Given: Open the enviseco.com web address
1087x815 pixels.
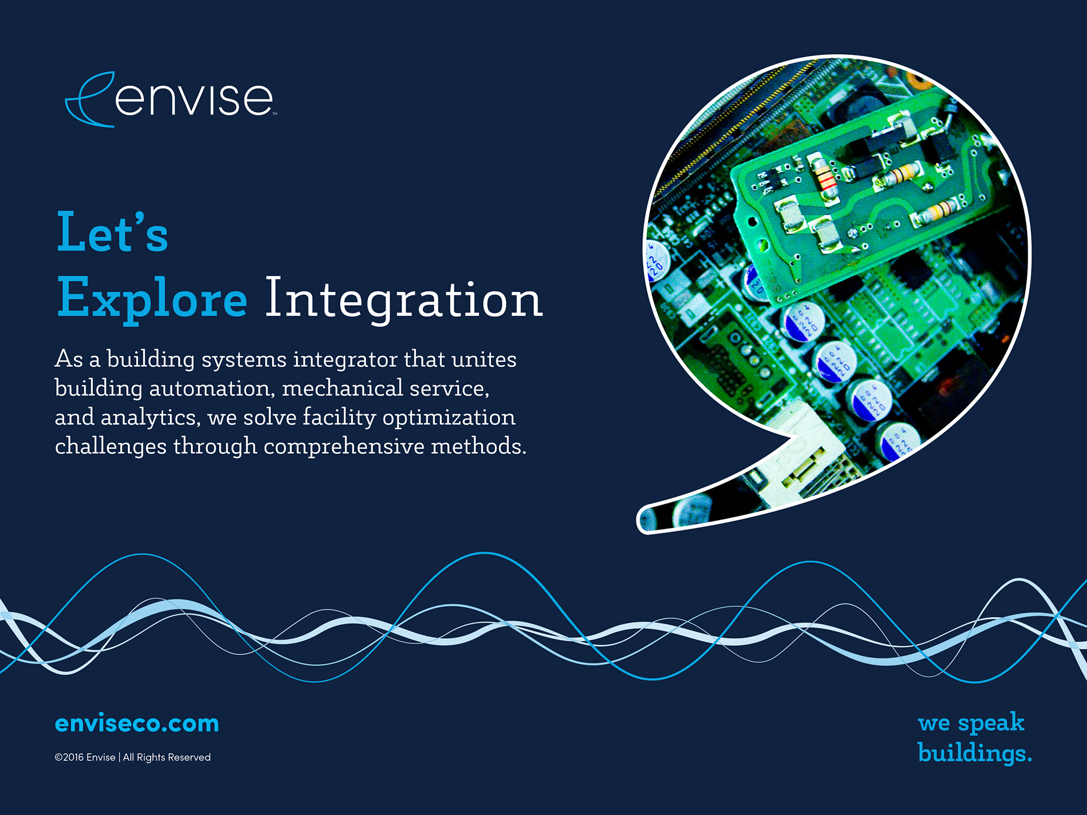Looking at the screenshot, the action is [137, 723].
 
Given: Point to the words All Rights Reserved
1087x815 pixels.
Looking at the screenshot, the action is [166, 757].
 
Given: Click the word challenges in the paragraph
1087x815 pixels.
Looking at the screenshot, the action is [111, 447].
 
